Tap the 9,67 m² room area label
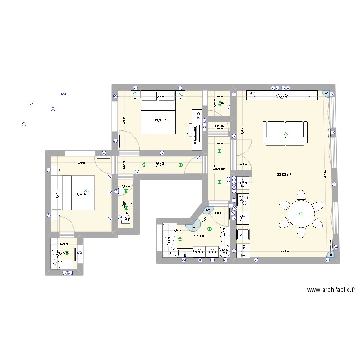(81, 194)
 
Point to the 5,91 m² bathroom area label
(200, 236)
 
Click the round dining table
(301, 214)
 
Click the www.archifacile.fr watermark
(331, 290)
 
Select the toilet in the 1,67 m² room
(126, 218)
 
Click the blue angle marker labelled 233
(194, 227)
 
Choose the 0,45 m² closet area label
(219, 126)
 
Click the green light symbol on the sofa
(286, 133)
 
